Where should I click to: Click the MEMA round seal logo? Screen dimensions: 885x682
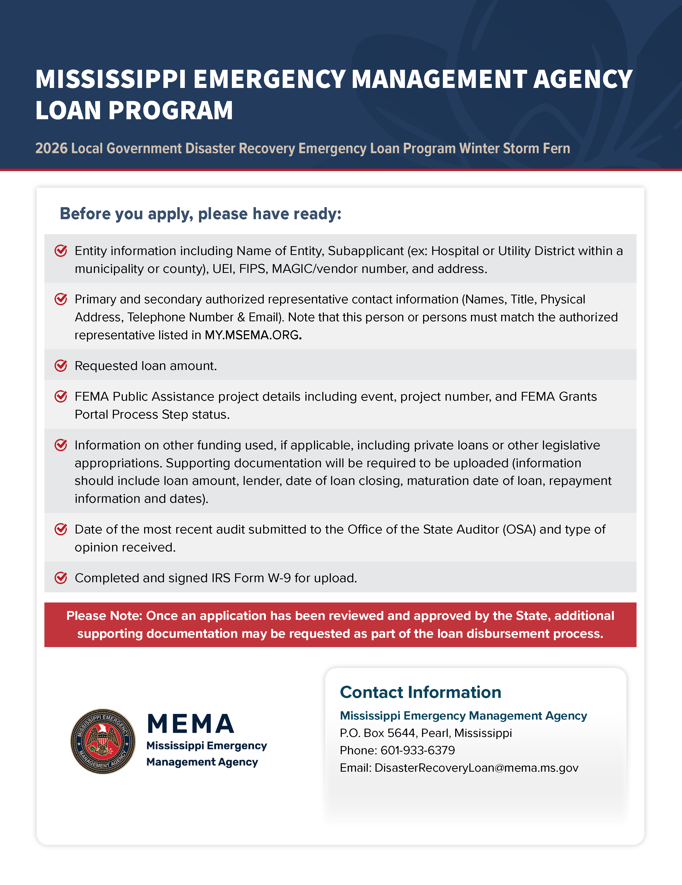click(103, 741)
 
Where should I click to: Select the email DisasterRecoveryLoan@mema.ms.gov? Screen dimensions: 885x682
click(476, 768)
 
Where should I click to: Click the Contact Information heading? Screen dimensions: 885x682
click(420, 692)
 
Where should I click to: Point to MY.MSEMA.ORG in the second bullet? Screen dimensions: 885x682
click(252, 335)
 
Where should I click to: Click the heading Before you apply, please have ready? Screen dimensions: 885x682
click(200, 214)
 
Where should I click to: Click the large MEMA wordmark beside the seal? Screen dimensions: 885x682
click(191, 724)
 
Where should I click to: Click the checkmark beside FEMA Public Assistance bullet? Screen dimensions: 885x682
click(61, 396)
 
